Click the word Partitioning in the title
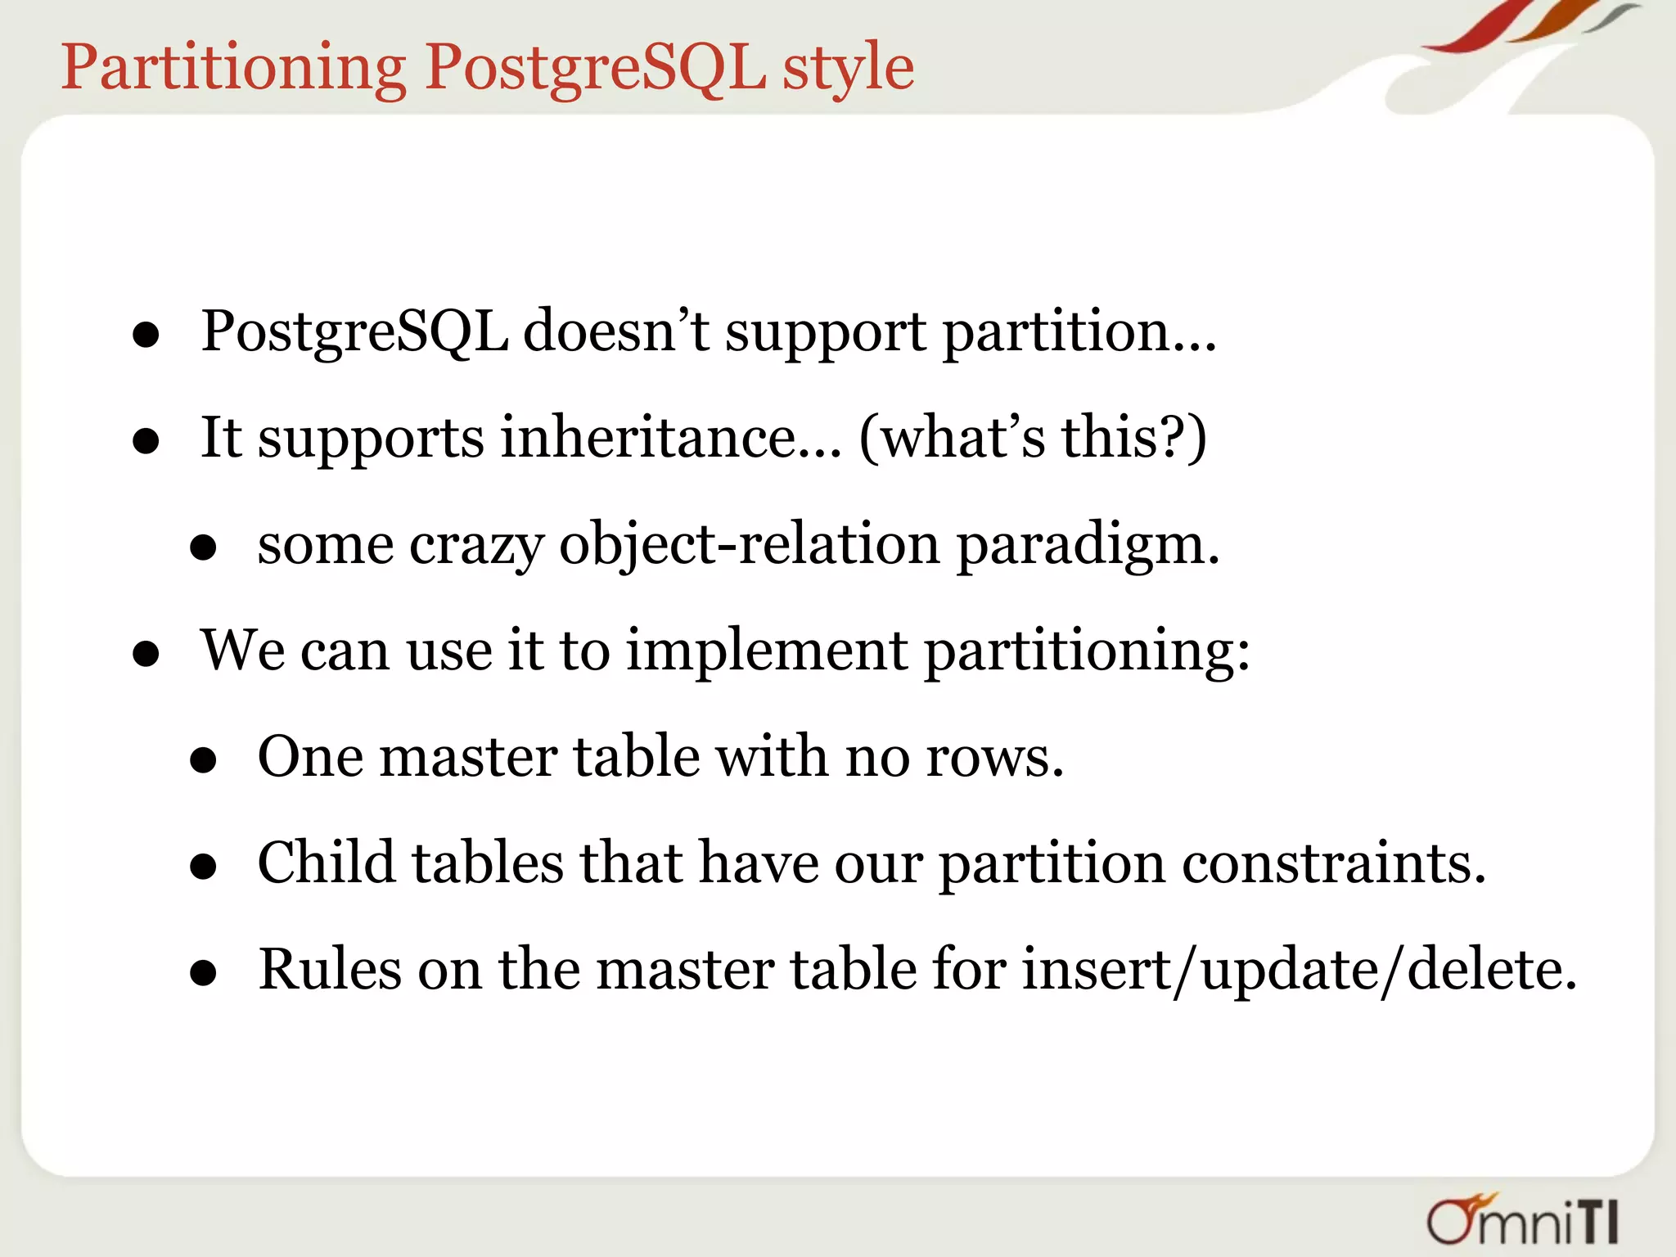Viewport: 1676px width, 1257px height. (x=233, y=67)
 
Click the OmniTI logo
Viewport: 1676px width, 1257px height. (x=1523, y=1220)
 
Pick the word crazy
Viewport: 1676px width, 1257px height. (x=476, y=544)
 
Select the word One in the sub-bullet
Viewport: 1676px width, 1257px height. (x=310, y=756)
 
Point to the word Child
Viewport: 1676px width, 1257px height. (x=327, y=863)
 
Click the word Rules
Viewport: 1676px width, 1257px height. (x=330, y=969)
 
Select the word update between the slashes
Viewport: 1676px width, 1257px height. (x=1289, y=971)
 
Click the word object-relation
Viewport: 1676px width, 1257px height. (x=749, y=544)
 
